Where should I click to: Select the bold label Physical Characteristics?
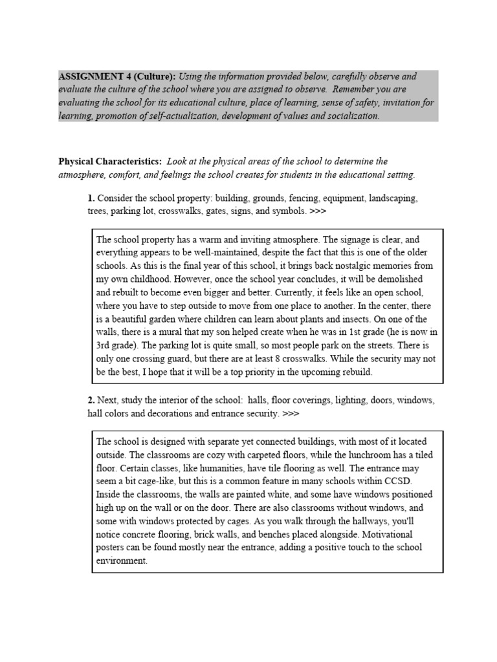(109, 162)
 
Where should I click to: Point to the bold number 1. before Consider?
(91, 198)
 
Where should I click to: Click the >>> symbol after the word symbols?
(318, 211)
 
